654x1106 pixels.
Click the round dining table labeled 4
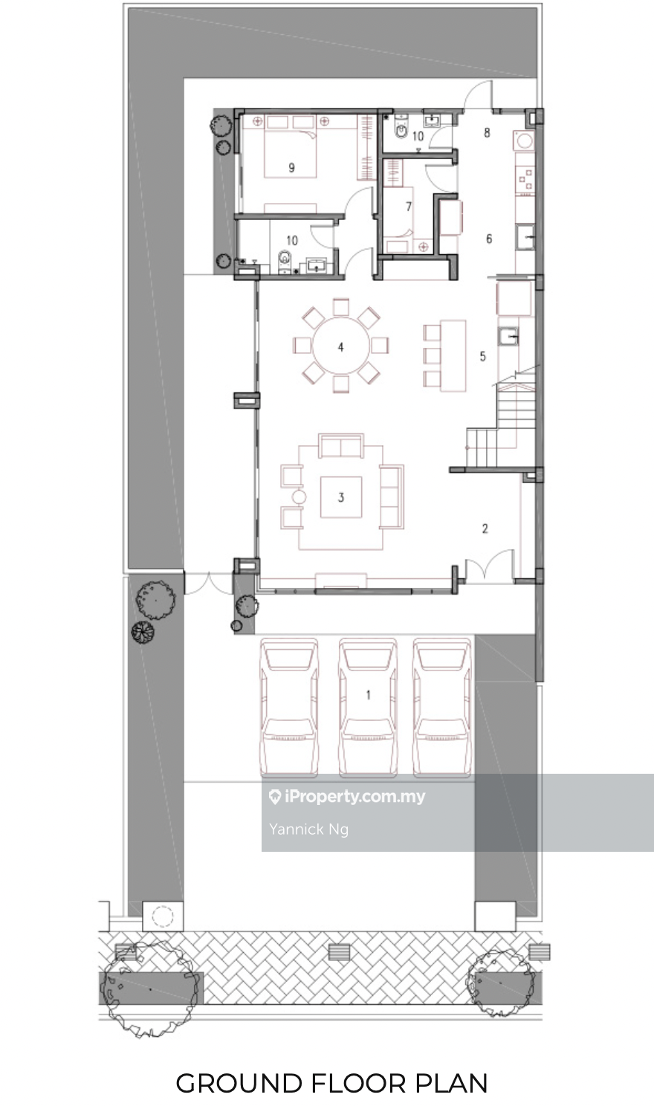click(340, 346)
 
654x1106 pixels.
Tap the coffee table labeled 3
click(340, 497)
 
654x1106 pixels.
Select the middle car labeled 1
click(368, 708)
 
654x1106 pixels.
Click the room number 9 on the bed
click(292, 168)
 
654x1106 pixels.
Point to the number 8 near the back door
click(488, 132)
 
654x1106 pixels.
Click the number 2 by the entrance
click(485, 528)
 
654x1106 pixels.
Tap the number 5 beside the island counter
click(483, 356)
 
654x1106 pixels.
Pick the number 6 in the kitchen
click(489, 239)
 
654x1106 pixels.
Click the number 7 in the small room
click(409, 207)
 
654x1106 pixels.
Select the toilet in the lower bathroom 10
click(285, 260)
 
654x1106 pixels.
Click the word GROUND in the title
click(239, 1083)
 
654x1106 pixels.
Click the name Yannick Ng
click(308, 829)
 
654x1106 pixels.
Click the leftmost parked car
click(289, 708)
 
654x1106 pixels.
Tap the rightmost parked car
click(441, 708)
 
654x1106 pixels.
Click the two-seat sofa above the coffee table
click(341, 446)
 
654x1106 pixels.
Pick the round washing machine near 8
click(524, 141)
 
